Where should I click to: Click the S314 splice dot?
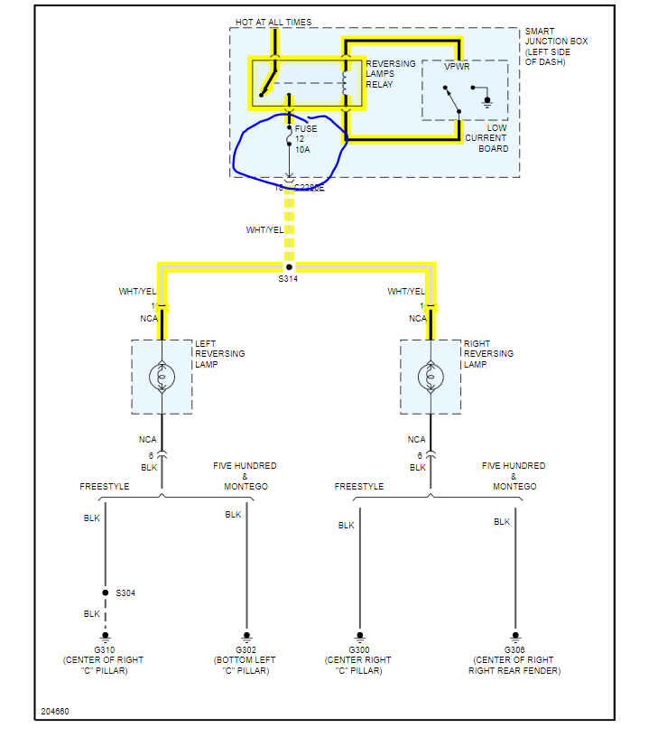tap(289, 267)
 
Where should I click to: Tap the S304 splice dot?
tap(105, 592)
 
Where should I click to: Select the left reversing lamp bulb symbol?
tap(162, 377)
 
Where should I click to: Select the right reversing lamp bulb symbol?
tap(431, 377)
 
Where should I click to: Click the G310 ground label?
tap(104, 650)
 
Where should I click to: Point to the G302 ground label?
tap(245, 650)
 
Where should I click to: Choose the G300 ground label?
tap(359, 650)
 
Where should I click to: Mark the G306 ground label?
tap(515, 650)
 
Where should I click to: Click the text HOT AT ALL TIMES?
tap(274, 22)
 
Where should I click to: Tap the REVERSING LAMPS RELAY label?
tap(391, 74)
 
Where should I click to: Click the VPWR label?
tap(457, 67)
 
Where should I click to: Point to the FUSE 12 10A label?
tap(305, 139)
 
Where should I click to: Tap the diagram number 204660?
tap(54, 711)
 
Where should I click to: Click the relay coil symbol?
tap(345, 80)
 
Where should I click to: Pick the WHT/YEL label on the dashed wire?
tap(264, 230)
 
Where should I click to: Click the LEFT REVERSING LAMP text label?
tap(219, 353)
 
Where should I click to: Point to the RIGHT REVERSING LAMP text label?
tap(488, 353)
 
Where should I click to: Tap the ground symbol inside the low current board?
tap(487, 100)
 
